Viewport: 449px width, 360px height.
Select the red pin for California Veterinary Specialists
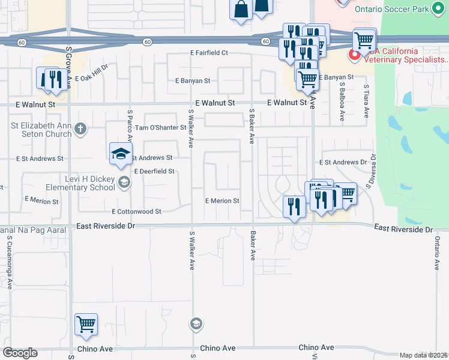pyautogui.click(x=354, y=55)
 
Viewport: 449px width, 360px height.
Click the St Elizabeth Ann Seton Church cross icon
pyautogui.click(x=80, y=128)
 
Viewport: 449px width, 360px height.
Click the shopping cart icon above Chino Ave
pyautogui.click(x=86, y=324)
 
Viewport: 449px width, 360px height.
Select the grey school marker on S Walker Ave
pyautogui.click(x=196, y=325)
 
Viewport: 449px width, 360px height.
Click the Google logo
pyautogui.click(x=19, y=353)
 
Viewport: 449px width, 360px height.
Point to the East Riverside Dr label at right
pyautogui.click(x=403, y=229)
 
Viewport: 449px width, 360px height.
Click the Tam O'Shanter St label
pyautogui.click(x=160, y=127)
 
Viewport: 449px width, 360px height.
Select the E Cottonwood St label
pyautogui.click(x=137, y=211)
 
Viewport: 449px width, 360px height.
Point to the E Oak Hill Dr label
pyautogui.click(x=92, y=71)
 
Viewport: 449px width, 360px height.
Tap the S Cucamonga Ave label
pyautogui.click(x=10, y=262)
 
